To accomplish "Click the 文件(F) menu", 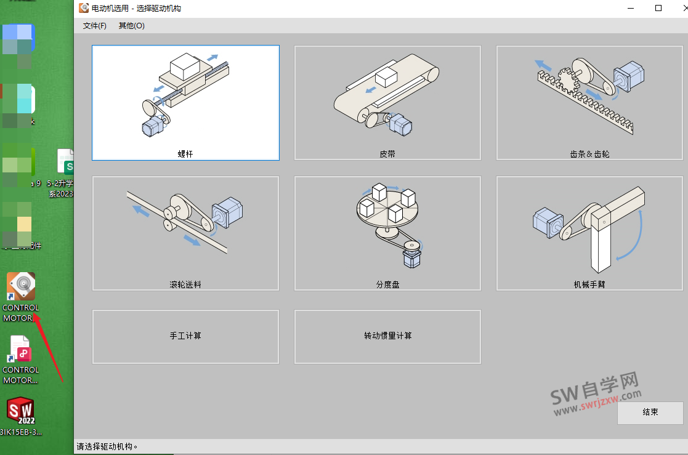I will (94, 26).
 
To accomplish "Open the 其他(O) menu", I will (131, 26).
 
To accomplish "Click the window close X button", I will (676, 8).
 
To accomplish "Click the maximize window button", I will (658, 8).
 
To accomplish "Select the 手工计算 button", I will (185, 336).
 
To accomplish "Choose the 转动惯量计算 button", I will (387, 336).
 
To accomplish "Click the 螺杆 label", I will (185, 154).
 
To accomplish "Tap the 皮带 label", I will (387, 154).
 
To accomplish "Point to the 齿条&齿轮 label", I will (589, 154).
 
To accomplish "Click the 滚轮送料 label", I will (185, 284).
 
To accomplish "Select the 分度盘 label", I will (387, 284).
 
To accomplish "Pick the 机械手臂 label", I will (589, 284).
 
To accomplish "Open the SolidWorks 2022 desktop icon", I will (20, 411).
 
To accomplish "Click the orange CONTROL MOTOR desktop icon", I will (21, 286).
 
